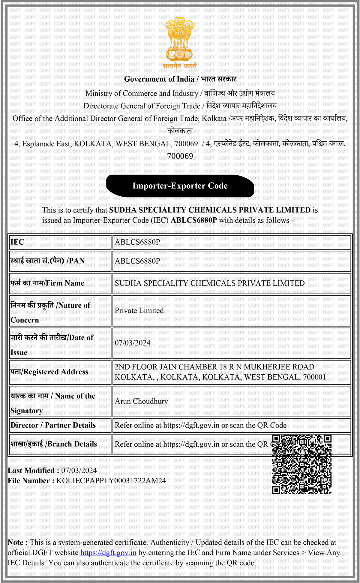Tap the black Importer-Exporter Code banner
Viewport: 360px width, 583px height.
[x=180, y=186]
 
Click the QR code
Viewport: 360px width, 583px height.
[x=302, y=464]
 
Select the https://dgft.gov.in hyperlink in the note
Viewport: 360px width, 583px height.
[x=108, y=553]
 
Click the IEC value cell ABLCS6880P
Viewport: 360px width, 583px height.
[x=137, y=242]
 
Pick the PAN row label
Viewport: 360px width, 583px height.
[x=47, y=261]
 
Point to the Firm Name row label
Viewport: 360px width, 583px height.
[x=47, y=283]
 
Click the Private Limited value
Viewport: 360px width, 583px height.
[x=139, y=310]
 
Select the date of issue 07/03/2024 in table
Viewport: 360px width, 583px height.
[x=133, y=343]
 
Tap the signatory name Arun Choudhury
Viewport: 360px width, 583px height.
[x=141, y=401]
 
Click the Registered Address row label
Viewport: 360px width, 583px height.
[x=49, y=372]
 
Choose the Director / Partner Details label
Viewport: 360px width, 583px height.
[x=53, y=425]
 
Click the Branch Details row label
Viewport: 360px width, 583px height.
[x=54, y=444]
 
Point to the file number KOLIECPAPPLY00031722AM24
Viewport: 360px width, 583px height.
[x=111, y=481]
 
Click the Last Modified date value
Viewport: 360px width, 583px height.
[x=79, y=470]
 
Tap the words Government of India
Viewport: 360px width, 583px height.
[x=159, y=79]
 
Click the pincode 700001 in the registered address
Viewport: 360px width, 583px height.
[x=314, y=377]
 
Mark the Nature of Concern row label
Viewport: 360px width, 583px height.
[x=50, y=312]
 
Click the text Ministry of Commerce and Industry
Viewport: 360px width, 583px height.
[x=142, y=93]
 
